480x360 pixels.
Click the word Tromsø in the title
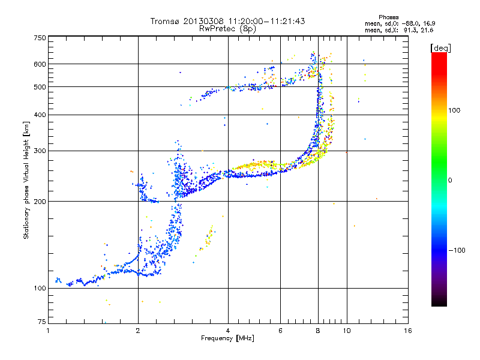click(166, 21)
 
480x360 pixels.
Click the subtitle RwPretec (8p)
click(227, 29)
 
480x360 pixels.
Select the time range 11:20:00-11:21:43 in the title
click(266, 21)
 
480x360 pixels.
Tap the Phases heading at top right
click(388, 17)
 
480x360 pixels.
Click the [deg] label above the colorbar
click(440, 49)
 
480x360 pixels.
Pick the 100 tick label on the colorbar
click(454, 110)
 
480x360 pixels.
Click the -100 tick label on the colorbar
click(457, 250)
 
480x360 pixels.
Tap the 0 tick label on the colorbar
click(450, 180)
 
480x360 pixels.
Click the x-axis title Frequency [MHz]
click(227, 338)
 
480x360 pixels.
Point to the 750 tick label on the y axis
click(40, 38)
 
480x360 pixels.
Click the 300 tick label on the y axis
click(40, 151)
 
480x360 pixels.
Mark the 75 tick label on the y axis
click(42, 322)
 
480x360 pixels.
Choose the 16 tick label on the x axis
click(408, 331)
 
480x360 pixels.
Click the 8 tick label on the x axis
click(318, 331)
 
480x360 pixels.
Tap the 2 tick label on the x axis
click(138, 331)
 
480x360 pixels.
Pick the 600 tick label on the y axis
click(40, 64)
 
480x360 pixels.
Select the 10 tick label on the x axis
click(347, 331)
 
